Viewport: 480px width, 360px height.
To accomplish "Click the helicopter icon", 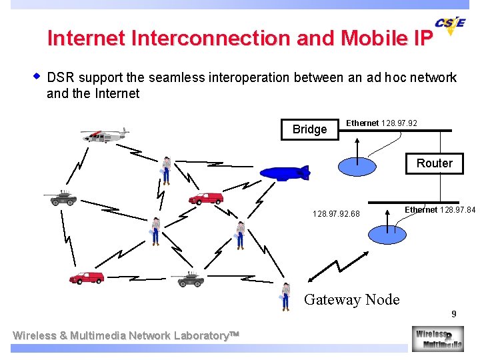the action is pyautogui.click(x=104, y=135).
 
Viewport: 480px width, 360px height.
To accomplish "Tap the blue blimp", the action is pyautogui.click(x=285, y=173).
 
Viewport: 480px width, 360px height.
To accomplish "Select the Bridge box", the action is pyautogui.click(x=309, y=129).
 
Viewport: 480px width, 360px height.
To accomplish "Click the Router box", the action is pyautogui.click(x=434, y=163).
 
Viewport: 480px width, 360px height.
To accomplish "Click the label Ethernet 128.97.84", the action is pyautogui.click(x=440, y=210).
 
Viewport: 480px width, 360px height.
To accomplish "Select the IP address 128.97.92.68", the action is pyautogui.click(x=336, y=214).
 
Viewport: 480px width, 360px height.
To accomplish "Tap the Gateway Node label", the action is pyautogui.click(x=351, y=300).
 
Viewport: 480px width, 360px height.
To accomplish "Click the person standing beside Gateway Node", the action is pyautogui.click(x=286, y=297).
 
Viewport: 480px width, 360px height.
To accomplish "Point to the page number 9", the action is pyautogui.click(x=453, y=314).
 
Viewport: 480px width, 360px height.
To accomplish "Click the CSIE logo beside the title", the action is pyautogui.click(x=450, y=25).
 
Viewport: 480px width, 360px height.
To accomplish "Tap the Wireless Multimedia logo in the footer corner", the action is pyautogui.click(x=437, y=339).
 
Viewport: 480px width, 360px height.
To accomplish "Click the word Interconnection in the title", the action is pyautogui.click(x=211, y=38).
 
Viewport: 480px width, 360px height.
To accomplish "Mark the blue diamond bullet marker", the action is pyautogui.click(x=37, y=76).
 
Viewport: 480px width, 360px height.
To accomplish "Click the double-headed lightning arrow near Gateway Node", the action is pyautogui.click(x=331, y=267).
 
